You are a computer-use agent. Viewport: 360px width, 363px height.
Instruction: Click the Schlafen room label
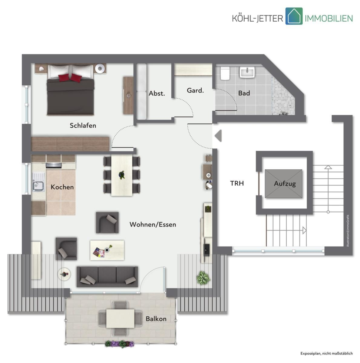point(83,125)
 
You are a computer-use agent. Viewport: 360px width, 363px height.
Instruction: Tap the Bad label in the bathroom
point(244,93)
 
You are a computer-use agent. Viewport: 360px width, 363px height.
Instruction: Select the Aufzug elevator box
point(283,184)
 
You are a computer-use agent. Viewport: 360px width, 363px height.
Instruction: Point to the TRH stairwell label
point(237,183)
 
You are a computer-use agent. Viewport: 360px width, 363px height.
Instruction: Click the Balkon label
point(156,319)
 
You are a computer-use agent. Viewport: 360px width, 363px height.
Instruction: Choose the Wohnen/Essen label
point(153,224)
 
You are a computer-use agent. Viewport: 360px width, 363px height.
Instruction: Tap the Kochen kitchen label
point(62,187)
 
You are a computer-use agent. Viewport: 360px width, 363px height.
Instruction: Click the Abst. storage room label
point(157,93)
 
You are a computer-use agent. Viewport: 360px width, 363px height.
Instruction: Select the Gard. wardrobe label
point(195,90)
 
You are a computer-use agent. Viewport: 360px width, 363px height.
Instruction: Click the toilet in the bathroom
point(225,73)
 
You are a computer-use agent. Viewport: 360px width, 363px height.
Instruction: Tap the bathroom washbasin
point(247,72)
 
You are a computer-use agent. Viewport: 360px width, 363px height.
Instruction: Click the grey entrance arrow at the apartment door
point(218,136)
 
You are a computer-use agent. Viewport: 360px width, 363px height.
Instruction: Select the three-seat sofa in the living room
point(107,276)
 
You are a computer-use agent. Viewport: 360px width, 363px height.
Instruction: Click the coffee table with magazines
point(107,250)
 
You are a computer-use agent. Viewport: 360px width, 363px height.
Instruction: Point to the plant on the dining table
point(122,175)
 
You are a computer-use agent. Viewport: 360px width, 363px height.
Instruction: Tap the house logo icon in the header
point(294,16)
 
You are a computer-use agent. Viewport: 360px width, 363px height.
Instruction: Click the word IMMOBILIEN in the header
point(329,18)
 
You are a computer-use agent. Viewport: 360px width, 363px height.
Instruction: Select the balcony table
point(120,318)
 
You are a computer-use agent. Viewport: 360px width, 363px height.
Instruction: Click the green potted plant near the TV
point(203,277)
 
